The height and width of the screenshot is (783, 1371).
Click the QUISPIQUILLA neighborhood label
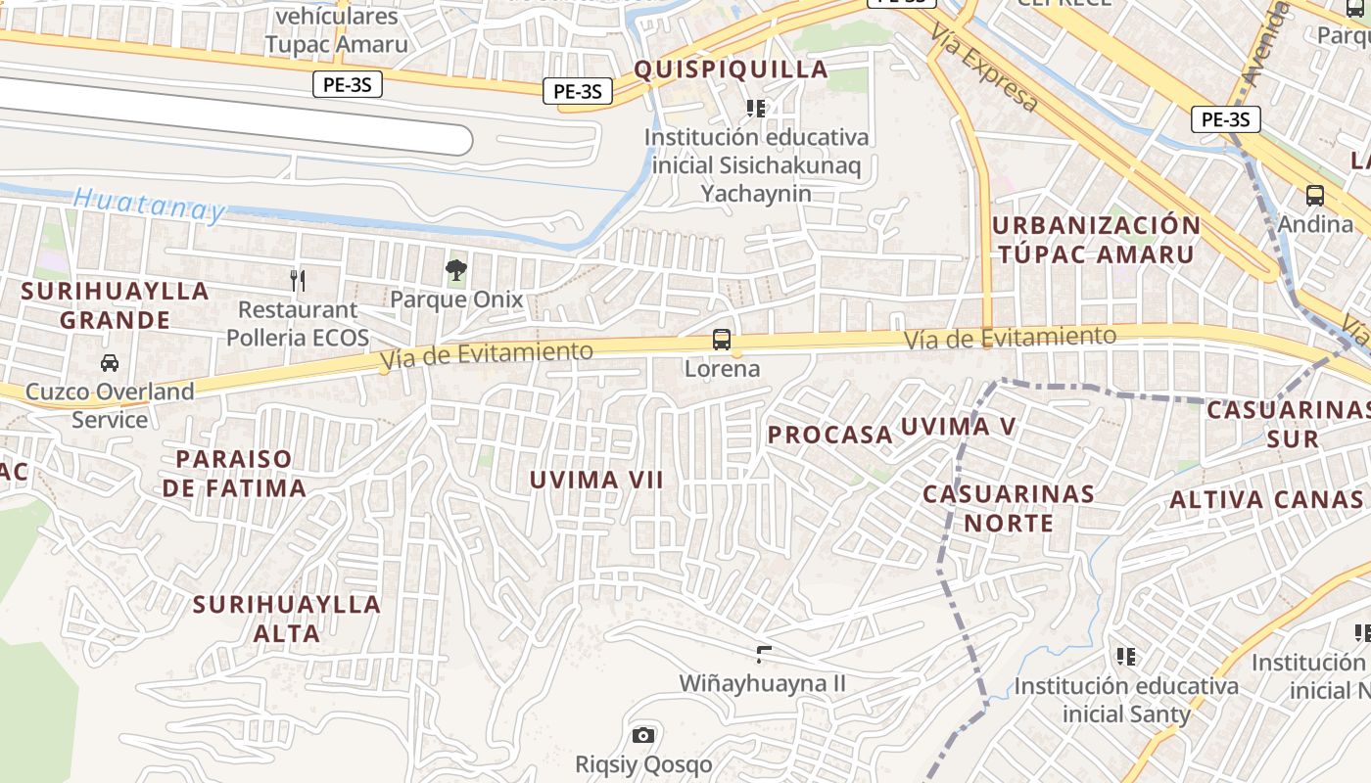click(x=731, y=69)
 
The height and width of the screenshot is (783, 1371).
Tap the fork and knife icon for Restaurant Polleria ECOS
click(x=299, y=281)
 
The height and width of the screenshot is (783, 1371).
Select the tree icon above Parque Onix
click(x=455, y=269)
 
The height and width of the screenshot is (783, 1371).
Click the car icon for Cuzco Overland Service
click(x=110, y=362)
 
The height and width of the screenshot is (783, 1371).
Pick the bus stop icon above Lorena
click(x=722, y=340)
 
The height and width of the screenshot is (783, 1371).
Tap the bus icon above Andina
click(x=1314, y=195)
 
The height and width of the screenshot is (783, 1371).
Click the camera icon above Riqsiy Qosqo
click(x=643, y=735)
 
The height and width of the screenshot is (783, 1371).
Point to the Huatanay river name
click(x=149, y=204)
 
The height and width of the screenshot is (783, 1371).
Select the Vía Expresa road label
click(x=983, y=69)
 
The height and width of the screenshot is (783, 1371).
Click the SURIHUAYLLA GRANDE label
click(x=115, y=305)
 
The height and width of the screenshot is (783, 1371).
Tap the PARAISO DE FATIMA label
click(x=234, y=474)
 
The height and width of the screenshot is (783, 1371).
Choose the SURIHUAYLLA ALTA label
click(x=287, y=619)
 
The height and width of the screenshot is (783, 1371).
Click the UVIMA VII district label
click(x=596, y=480)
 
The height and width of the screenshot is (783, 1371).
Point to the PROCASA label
click(x=829, y=435)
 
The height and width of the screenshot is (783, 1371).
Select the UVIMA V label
click(x=958, y=427)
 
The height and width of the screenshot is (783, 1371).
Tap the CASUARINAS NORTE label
click(x=1009, y=508)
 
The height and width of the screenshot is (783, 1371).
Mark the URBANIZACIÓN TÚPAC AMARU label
click(x=1096, y=240)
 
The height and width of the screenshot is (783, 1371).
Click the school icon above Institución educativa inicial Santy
click(x=1126, y=656)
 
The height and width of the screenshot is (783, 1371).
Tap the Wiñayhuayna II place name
click(x=763, y=683)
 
